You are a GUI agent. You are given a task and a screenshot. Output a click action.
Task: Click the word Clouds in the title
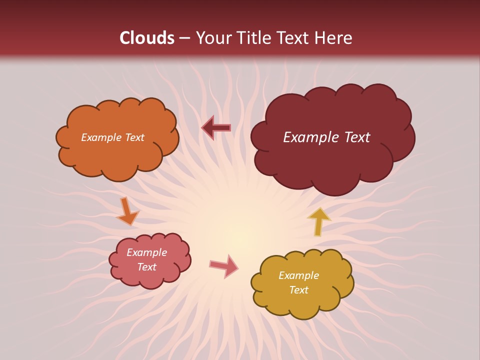[x=147, y=38]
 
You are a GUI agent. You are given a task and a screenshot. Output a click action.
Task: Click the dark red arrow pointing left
[x=216, y=128]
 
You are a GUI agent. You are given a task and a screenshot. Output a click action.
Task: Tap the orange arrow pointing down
[x=127, y=211]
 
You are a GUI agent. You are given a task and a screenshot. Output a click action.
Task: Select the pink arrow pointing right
[x=224, y=266]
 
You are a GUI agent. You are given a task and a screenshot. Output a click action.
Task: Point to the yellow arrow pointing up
[x=318, y=221]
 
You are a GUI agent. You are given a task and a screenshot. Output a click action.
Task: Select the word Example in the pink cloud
[x=146, y=252]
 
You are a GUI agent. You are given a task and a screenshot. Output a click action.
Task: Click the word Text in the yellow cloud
[x=298, y=290]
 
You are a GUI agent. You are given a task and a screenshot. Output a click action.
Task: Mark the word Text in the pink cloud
[x=146, y=267]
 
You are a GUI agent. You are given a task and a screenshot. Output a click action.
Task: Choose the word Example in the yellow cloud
[x=298, y=275]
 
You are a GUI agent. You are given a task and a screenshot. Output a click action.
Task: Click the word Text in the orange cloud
[x=134, y=137]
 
